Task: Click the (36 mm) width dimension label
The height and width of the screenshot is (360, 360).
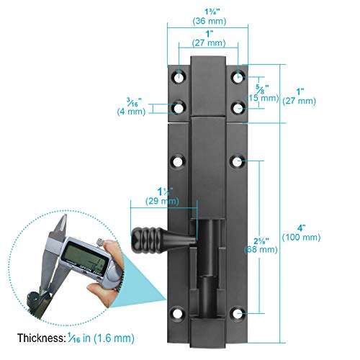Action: coord(209,21)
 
